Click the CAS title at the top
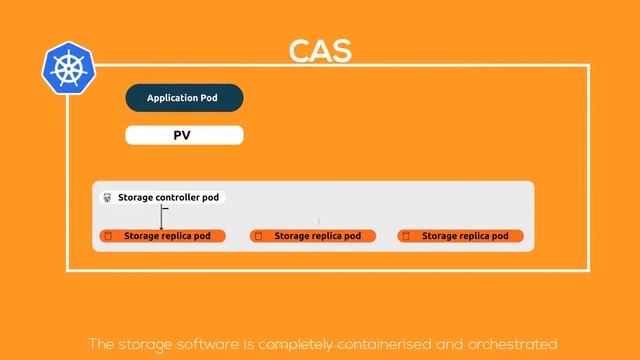tap(320, 52)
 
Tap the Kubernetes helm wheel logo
tap(68, 68)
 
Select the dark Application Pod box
tap(184, 98)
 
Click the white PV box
tap(184, 134)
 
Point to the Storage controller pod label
tap(168, 198)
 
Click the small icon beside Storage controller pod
tap(107, 198)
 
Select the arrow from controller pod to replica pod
tap(162, 217)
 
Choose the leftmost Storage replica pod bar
tap(162, 236)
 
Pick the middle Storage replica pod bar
tap(312, 236)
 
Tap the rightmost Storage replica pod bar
tap(460, 236)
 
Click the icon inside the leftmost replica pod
tap(107, 236)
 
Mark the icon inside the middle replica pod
tap(257, 236)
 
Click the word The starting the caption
tap(101, 345)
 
